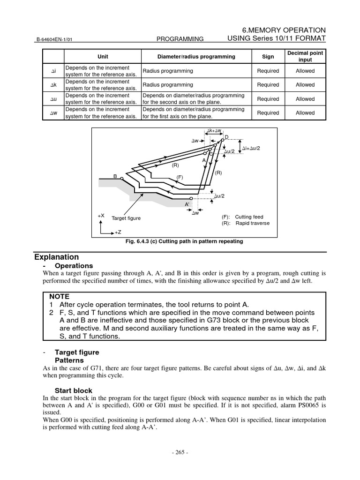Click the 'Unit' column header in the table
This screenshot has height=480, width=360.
pos(103,57)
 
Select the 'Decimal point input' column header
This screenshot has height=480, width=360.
pos(305,57)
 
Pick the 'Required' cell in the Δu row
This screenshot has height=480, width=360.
pos(268,99)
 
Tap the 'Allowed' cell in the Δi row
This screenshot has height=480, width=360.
pos(305,71)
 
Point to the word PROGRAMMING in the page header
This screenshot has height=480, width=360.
pos(180,39)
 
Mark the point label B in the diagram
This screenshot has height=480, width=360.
pos(115,176)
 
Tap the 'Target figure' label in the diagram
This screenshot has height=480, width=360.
pos(126,218)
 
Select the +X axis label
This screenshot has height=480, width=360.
pos(101,216)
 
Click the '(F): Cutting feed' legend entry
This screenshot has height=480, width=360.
pos(242,217)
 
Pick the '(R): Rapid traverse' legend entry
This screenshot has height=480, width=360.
pos(246,224)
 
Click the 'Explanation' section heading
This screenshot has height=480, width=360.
pos(57,257)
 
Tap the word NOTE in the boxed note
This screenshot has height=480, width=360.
pos(59,296)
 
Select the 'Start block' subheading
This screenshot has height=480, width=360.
pos(74,390)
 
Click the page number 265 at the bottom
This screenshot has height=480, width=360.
pos(180,453)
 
